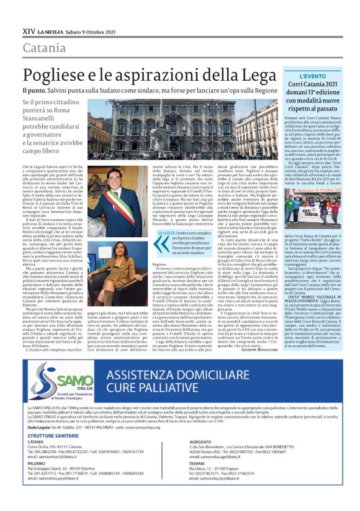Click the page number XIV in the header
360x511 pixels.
click(x=29, y=29)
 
